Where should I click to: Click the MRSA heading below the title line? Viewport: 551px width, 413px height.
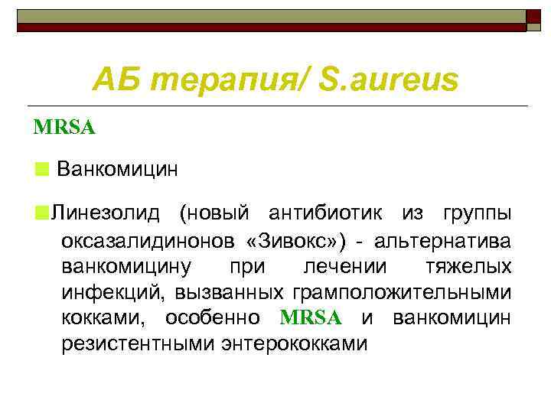pyautogui.click(x=64, y=127)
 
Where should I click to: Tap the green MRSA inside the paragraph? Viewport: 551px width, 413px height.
pyautogui.click(x=311, y=318)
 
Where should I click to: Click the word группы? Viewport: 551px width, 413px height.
pyautogui.click(x=480, y=213)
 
